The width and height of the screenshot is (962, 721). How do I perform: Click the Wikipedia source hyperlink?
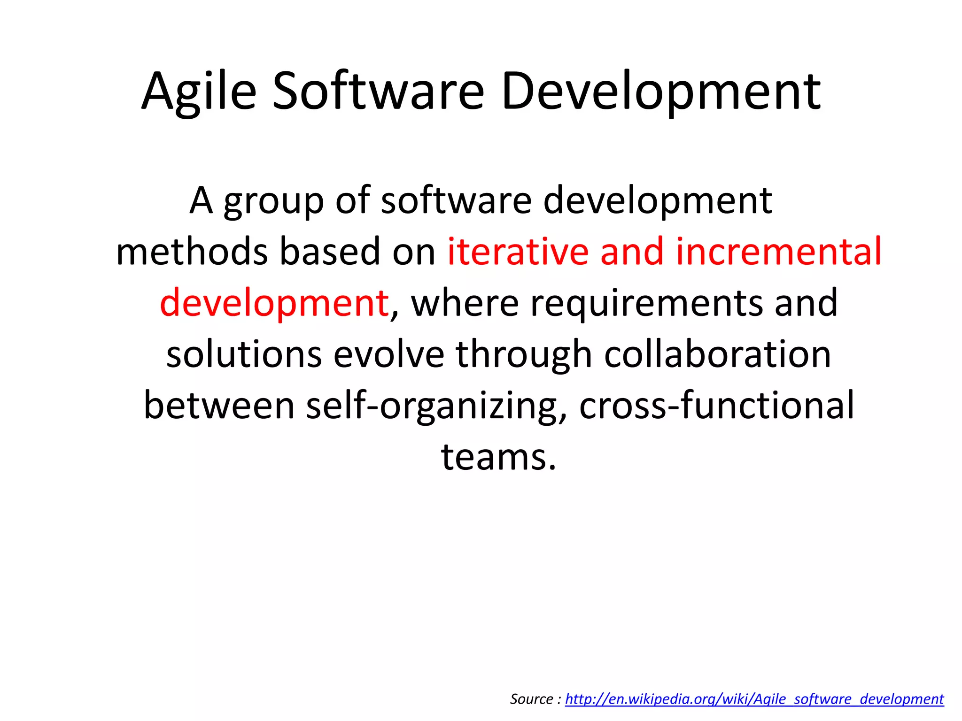(x=754, y=699)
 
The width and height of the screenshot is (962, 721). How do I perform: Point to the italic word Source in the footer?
(x=531, y=699)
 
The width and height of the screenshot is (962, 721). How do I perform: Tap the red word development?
(x=274, y=303)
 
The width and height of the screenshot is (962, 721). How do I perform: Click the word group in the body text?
(x=273, y=201)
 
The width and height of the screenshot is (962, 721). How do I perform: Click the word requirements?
(x=646, y=303)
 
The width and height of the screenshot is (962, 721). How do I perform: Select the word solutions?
(x=244, y=354)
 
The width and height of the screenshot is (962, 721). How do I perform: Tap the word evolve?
(x=388, y=354)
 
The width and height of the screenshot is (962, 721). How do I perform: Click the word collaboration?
(x=717, y=354)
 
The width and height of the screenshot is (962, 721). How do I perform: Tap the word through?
(x=524, y=354)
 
